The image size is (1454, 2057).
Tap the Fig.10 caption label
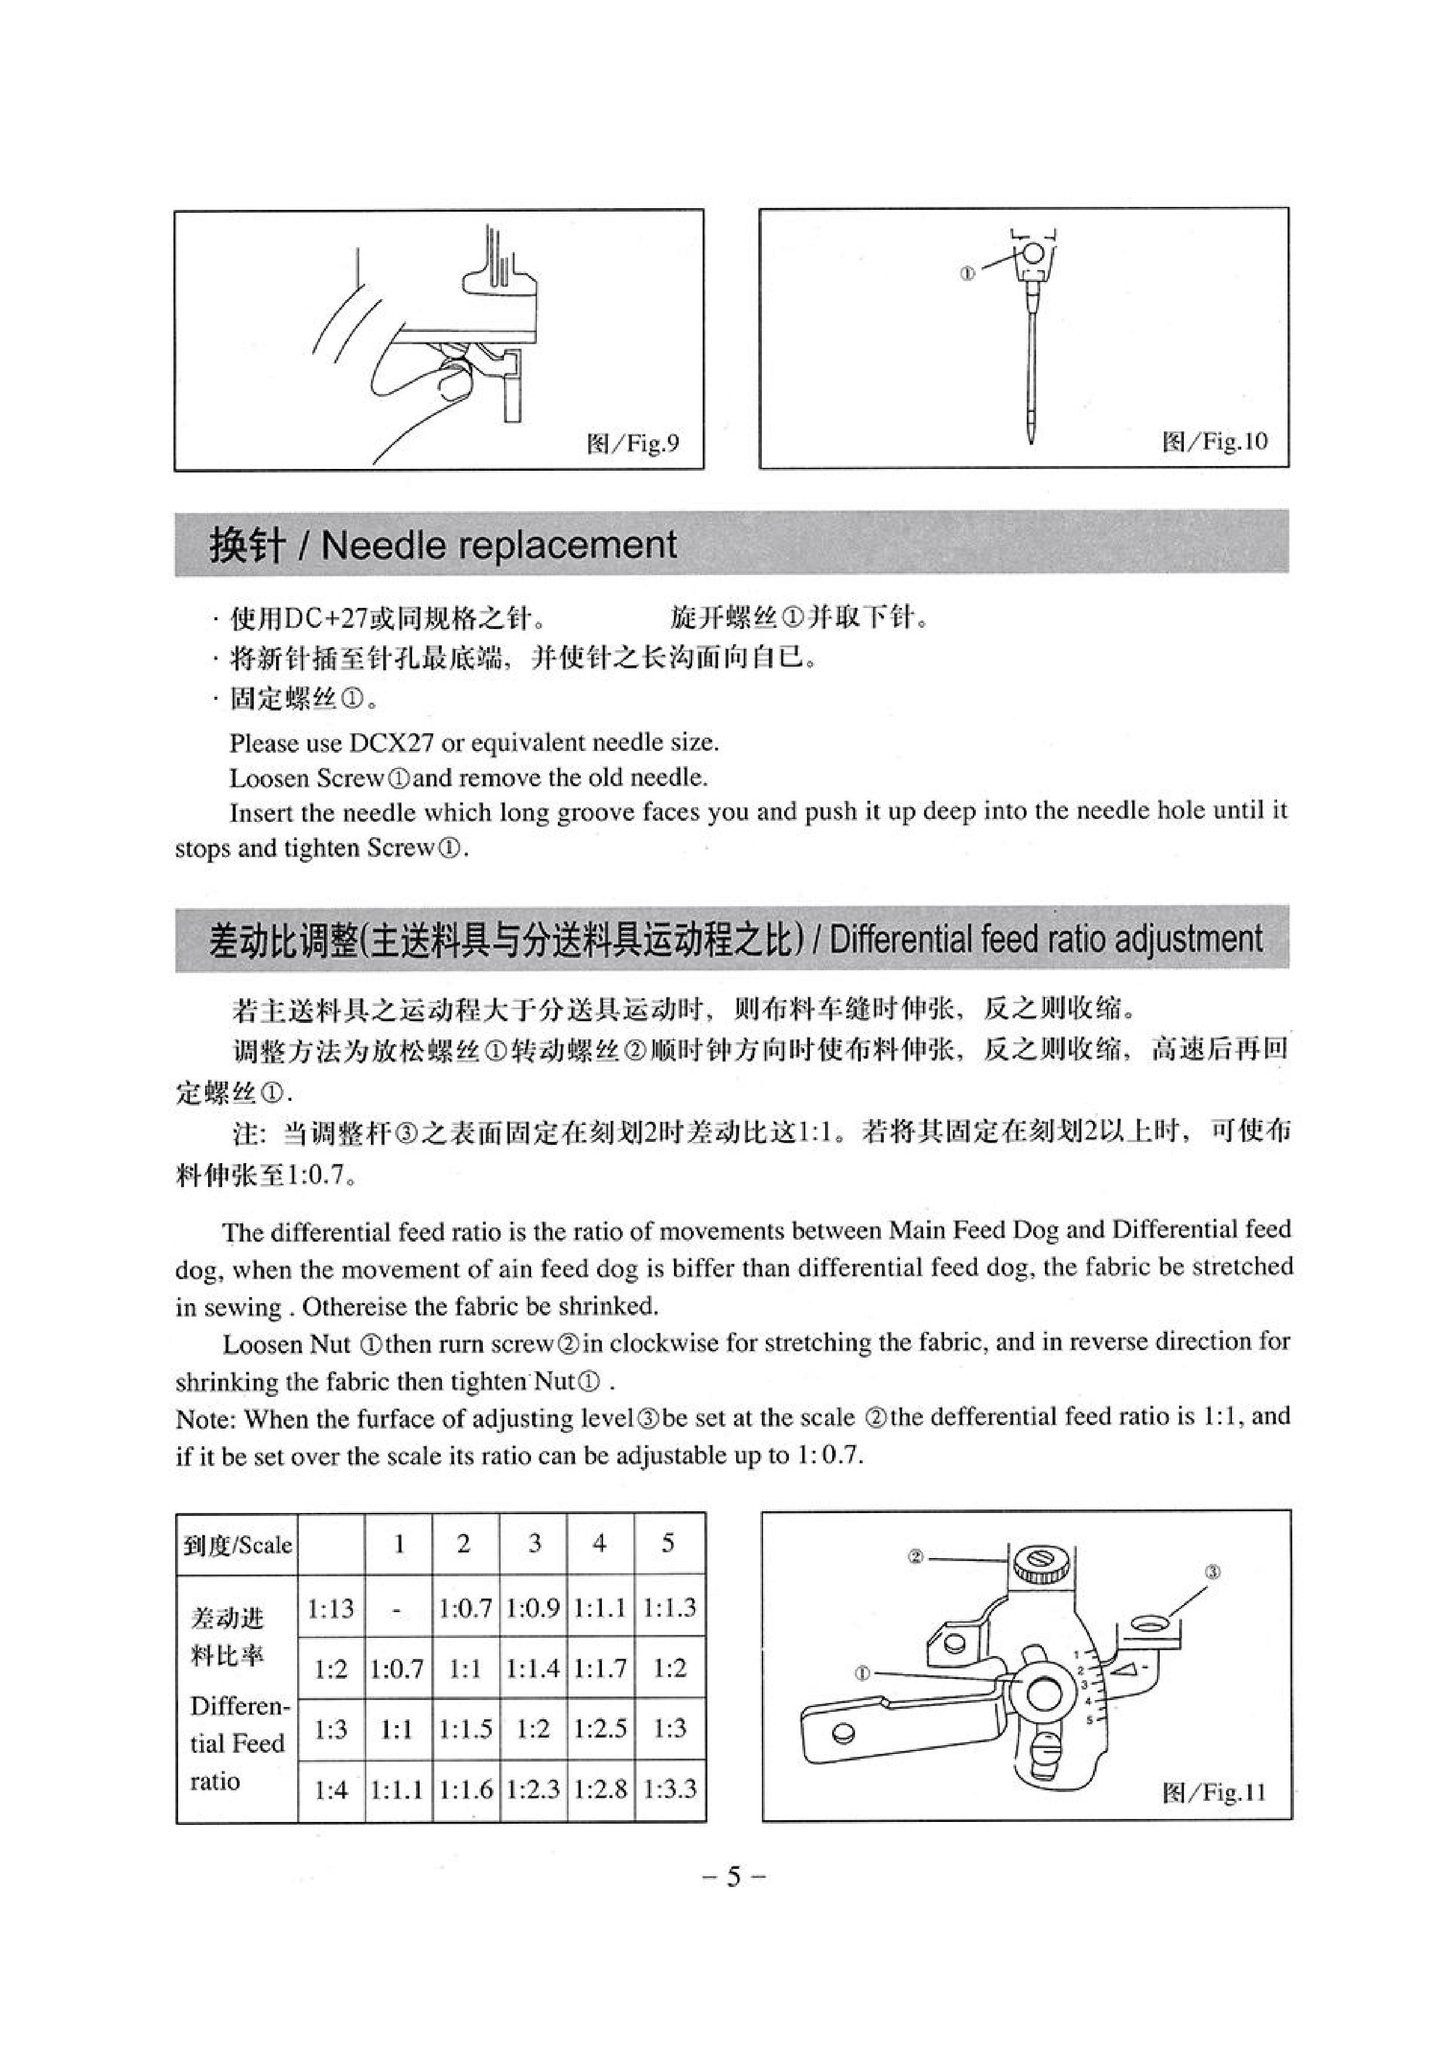point(1215,441)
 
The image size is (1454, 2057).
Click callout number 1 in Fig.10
point(966,274)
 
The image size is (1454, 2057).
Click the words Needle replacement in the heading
point(498,545)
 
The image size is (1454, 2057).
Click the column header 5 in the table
point(668,1543)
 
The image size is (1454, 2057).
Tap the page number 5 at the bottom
point(734,1876)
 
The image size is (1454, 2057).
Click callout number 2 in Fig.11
point(915,1557)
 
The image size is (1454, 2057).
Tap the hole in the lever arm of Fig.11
point(840,1733)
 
